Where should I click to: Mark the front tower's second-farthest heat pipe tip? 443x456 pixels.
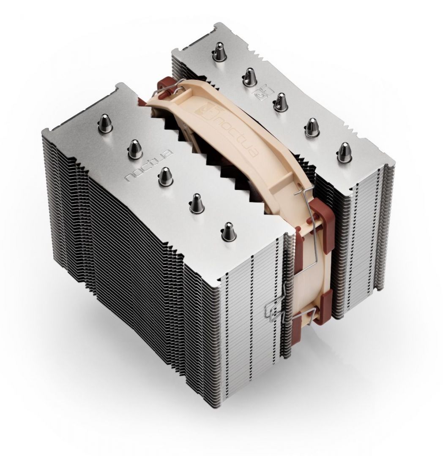pos(134,147)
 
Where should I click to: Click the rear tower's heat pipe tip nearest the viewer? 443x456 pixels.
pos(344,151)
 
